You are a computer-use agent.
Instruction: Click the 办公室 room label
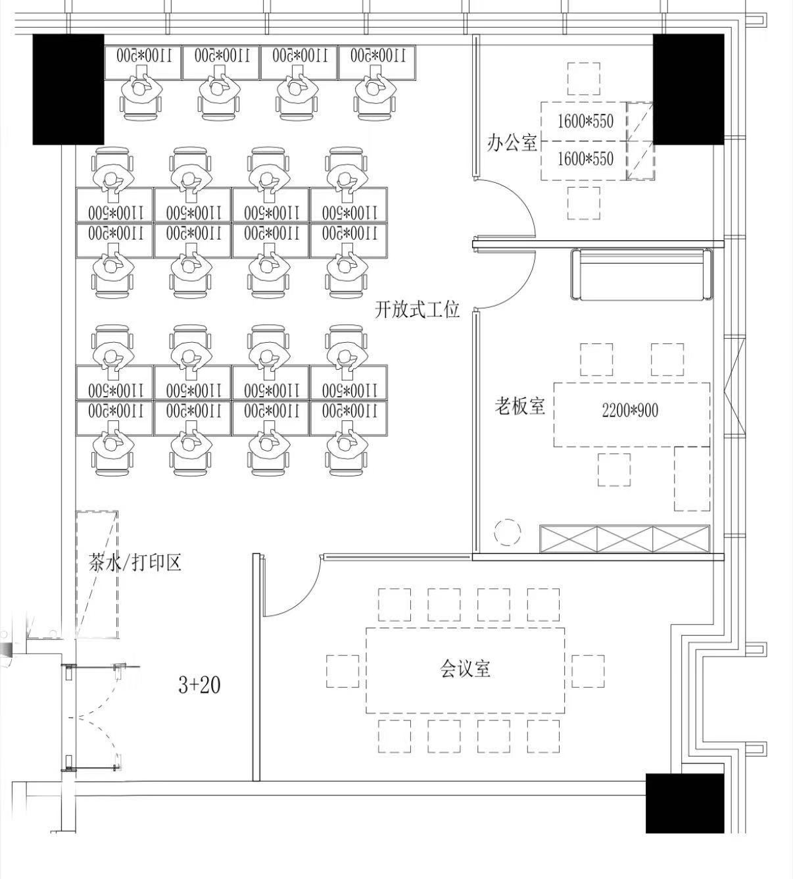pyautogui.click(x=512, y=143)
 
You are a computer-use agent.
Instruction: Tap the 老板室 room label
pyautogui.click(x=520, y=406)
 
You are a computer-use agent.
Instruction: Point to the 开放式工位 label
pyautogui.click(x=417, y=310)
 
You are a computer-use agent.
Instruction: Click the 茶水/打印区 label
pyautogui.click(x=135, y=562)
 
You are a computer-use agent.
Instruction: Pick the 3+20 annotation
pyautogui.click(x=199, y=685)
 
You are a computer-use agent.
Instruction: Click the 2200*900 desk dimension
pyautogui.click(x=629, y=411)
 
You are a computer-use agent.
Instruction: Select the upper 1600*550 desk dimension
pyautogui.click(x=585, y=121)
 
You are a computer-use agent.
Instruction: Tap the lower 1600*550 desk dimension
pyautogui.click(x=585, y=159)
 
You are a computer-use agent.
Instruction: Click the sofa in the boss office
pyautogui.click(x=642, y=274)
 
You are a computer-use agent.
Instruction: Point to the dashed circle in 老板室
pyautogui.click(x=508, y=532)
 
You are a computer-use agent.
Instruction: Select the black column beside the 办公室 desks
pyautogui.click(x=688, y=89)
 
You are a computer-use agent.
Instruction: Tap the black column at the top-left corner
pyautogui.click(x=68, y=89)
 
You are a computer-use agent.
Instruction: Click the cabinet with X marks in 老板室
pyautogui.click(x=624, y=539)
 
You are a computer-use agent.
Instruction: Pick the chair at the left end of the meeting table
pyautogui.click(x=343, y=671)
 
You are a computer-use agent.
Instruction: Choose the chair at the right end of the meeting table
pyautogui.click(x=588, y=671)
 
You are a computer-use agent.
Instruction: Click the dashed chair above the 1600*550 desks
pyautogui.click(x=584, y=79)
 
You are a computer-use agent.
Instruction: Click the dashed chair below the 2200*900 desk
pyautogui.click(x=614, y=470)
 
